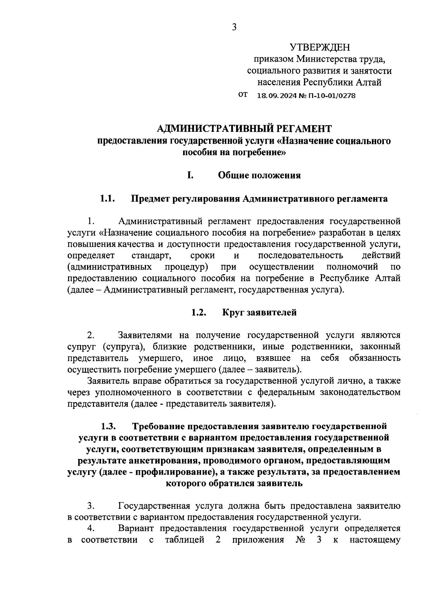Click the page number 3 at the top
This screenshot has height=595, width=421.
coord(234,27)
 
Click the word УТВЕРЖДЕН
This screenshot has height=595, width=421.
coord(320,47)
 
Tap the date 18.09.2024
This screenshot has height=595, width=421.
coord(277,95)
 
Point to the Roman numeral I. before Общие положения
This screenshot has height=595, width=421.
coord(190,175)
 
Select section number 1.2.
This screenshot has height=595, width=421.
coord(199,312)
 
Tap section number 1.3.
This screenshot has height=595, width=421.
coord(109,426)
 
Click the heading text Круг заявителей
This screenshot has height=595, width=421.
coord(259,312)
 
